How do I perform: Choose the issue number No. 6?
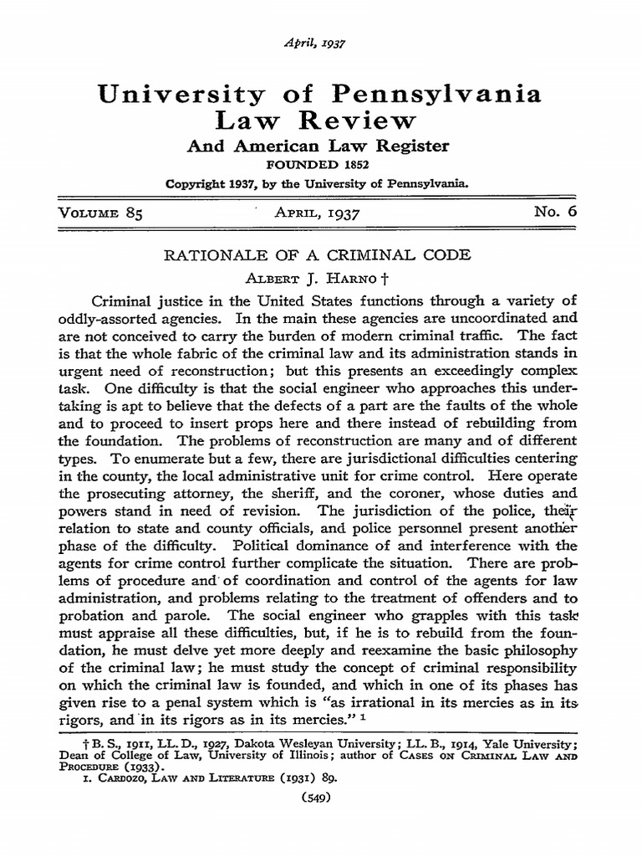coord(555,213)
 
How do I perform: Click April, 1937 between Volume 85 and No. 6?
coord(317,213)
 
